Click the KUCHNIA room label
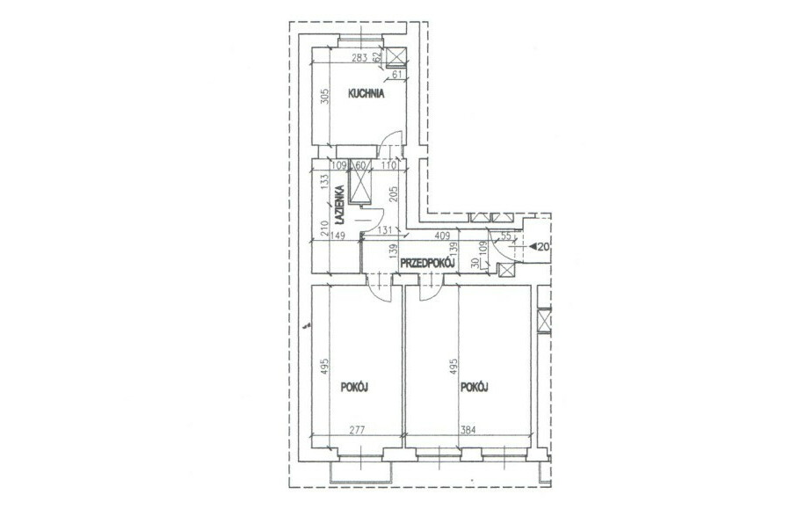(x=366, y=93)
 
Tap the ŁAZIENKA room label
(x=339, y=206)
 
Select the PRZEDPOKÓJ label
(x=428, y=263)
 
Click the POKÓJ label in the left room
(x=354, y=387)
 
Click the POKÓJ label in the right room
(x=475, y=387)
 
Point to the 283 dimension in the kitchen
(x=359, y=58)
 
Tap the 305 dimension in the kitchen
(x=325, y=97)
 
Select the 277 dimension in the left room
(x=357, y=430)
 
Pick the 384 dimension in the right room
(x=468, y=430)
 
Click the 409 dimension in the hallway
(x=442, y=235)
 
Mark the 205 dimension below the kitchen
(x=395, y=194)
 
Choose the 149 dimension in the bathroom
(x=337, y=236)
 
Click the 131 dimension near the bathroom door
(x=385, y=230)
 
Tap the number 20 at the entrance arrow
(x=543, y=247)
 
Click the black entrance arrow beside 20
(x=533, y=247)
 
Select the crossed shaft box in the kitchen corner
(x=396, y=57)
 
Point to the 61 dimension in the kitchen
(x=397, y=75)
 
